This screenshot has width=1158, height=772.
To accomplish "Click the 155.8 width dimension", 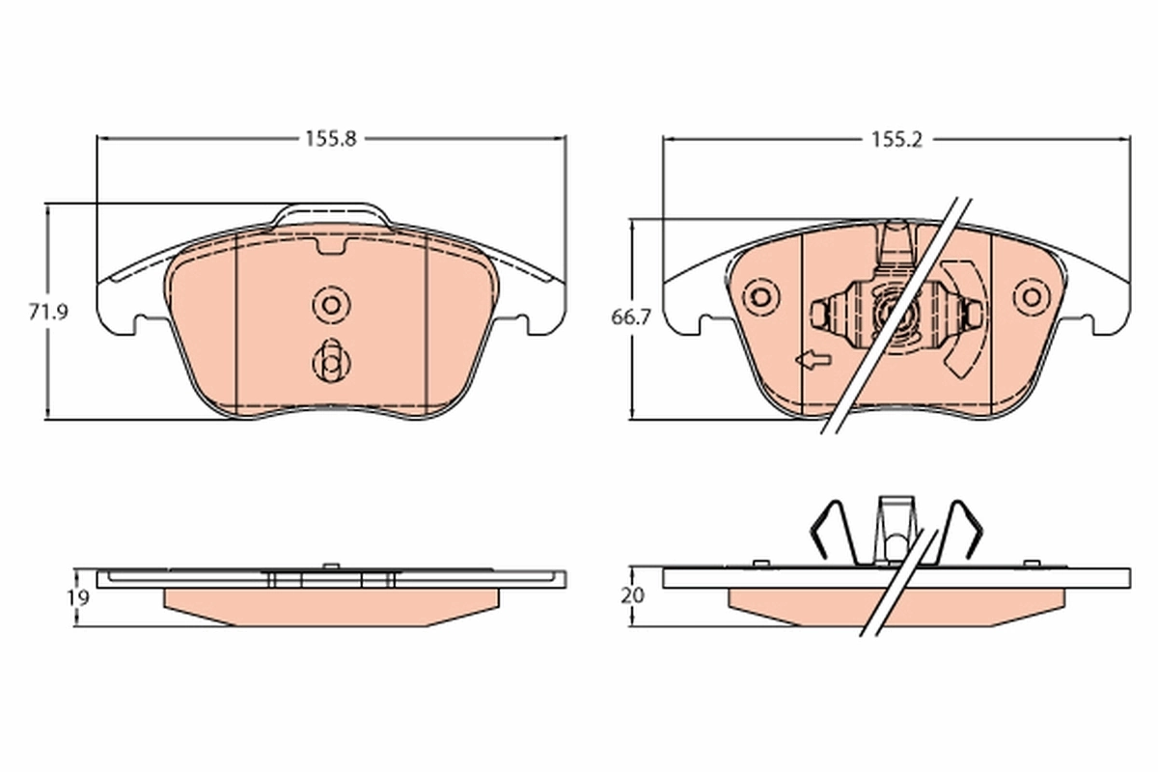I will point(331,138).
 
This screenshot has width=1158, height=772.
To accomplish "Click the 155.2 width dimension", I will point(897,139).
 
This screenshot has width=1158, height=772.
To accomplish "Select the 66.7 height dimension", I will point(631,317).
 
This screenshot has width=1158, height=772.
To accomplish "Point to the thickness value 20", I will point(632,595).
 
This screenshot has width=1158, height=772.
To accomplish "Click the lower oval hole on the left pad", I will point(330,362).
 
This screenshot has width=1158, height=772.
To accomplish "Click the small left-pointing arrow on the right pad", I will point(812,361).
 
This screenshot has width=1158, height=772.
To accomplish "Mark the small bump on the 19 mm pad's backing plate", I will point(330,565).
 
